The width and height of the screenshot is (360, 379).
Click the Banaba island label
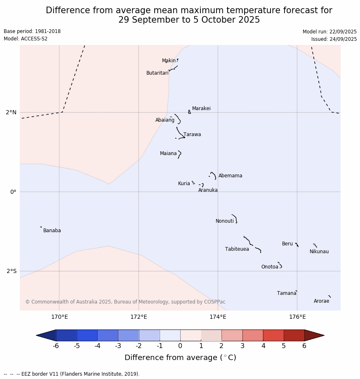[x=52, y=231]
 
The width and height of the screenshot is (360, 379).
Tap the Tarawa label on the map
[x=192, y=134]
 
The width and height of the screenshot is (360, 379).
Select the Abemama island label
[x=230, y=176]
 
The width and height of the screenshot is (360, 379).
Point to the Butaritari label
[x=157, y=73]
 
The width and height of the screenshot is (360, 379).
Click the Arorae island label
[x=321, y=301]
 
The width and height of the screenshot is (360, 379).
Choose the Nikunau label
[x=319, y=252]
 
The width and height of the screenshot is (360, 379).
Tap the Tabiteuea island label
[x=237, y=249]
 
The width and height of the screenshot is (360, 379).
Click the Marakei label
[x=201, y=108]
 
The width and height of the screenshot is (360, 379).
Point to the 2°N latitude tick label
[x=11, y=112]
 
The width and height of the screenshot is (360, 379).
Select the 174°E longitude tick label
[x=218, y=317]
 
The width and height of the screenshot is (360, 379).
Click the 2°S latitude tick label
[x=12, y=271]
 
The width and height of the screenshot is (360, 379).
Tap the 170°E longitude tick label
[x=59, y=317]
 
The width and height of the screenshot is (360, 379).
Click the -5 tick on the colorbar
[x=77, y=346]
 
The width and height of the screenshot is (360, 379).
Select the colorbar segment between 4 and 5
[x=273, y=335]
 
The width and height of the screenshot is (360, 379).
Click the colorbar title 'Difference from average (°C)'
[x=180, y=358]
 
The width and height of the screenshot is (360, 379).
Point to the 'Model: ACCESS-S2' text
[x=26, y=39]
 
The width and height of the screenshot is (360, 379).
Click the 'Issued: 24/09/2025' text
[x=334, y=39]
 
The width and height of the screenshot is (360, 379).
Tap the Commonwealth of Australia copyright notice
[x=125, y=302]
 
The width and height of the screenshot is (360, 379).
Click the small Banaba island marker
[x=41, y=227]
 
